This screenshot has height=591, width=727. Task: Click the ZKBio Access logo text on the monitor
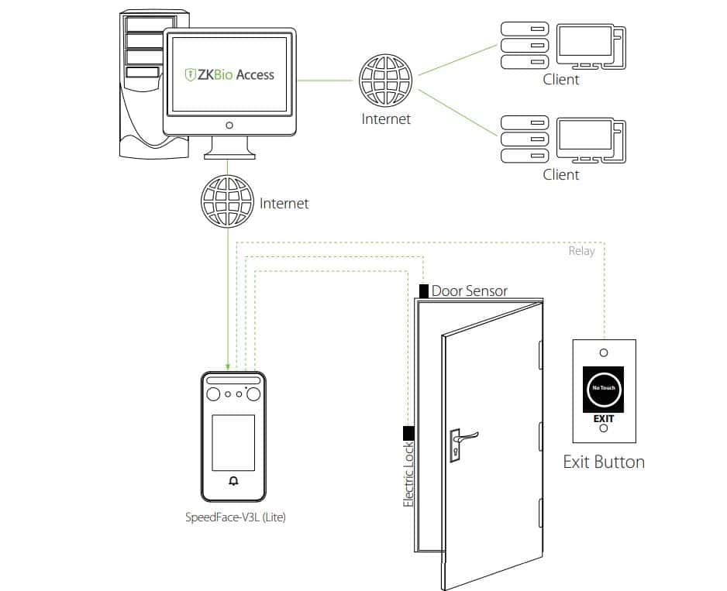229,75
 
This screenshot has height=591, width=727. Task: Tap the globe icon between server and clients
385,81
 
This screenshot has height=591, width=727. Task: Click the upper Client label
560,79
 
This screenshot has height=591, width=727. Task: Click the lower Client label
560,174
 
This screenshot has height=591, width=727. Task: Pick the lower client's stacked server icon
521,139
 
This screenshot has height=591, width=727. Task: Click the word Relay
581,251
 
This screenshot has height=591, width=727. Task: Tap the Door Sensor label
469,291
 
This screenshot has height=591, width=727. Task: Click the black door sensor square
423,291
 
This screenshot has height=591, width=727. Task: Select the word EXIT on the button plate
604,418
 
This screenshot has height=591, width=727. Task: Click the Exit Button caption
603,462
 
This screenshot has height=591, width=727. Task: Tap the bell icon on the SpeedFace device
234,481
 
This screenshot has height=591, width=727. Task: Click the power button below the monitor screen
229,125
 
